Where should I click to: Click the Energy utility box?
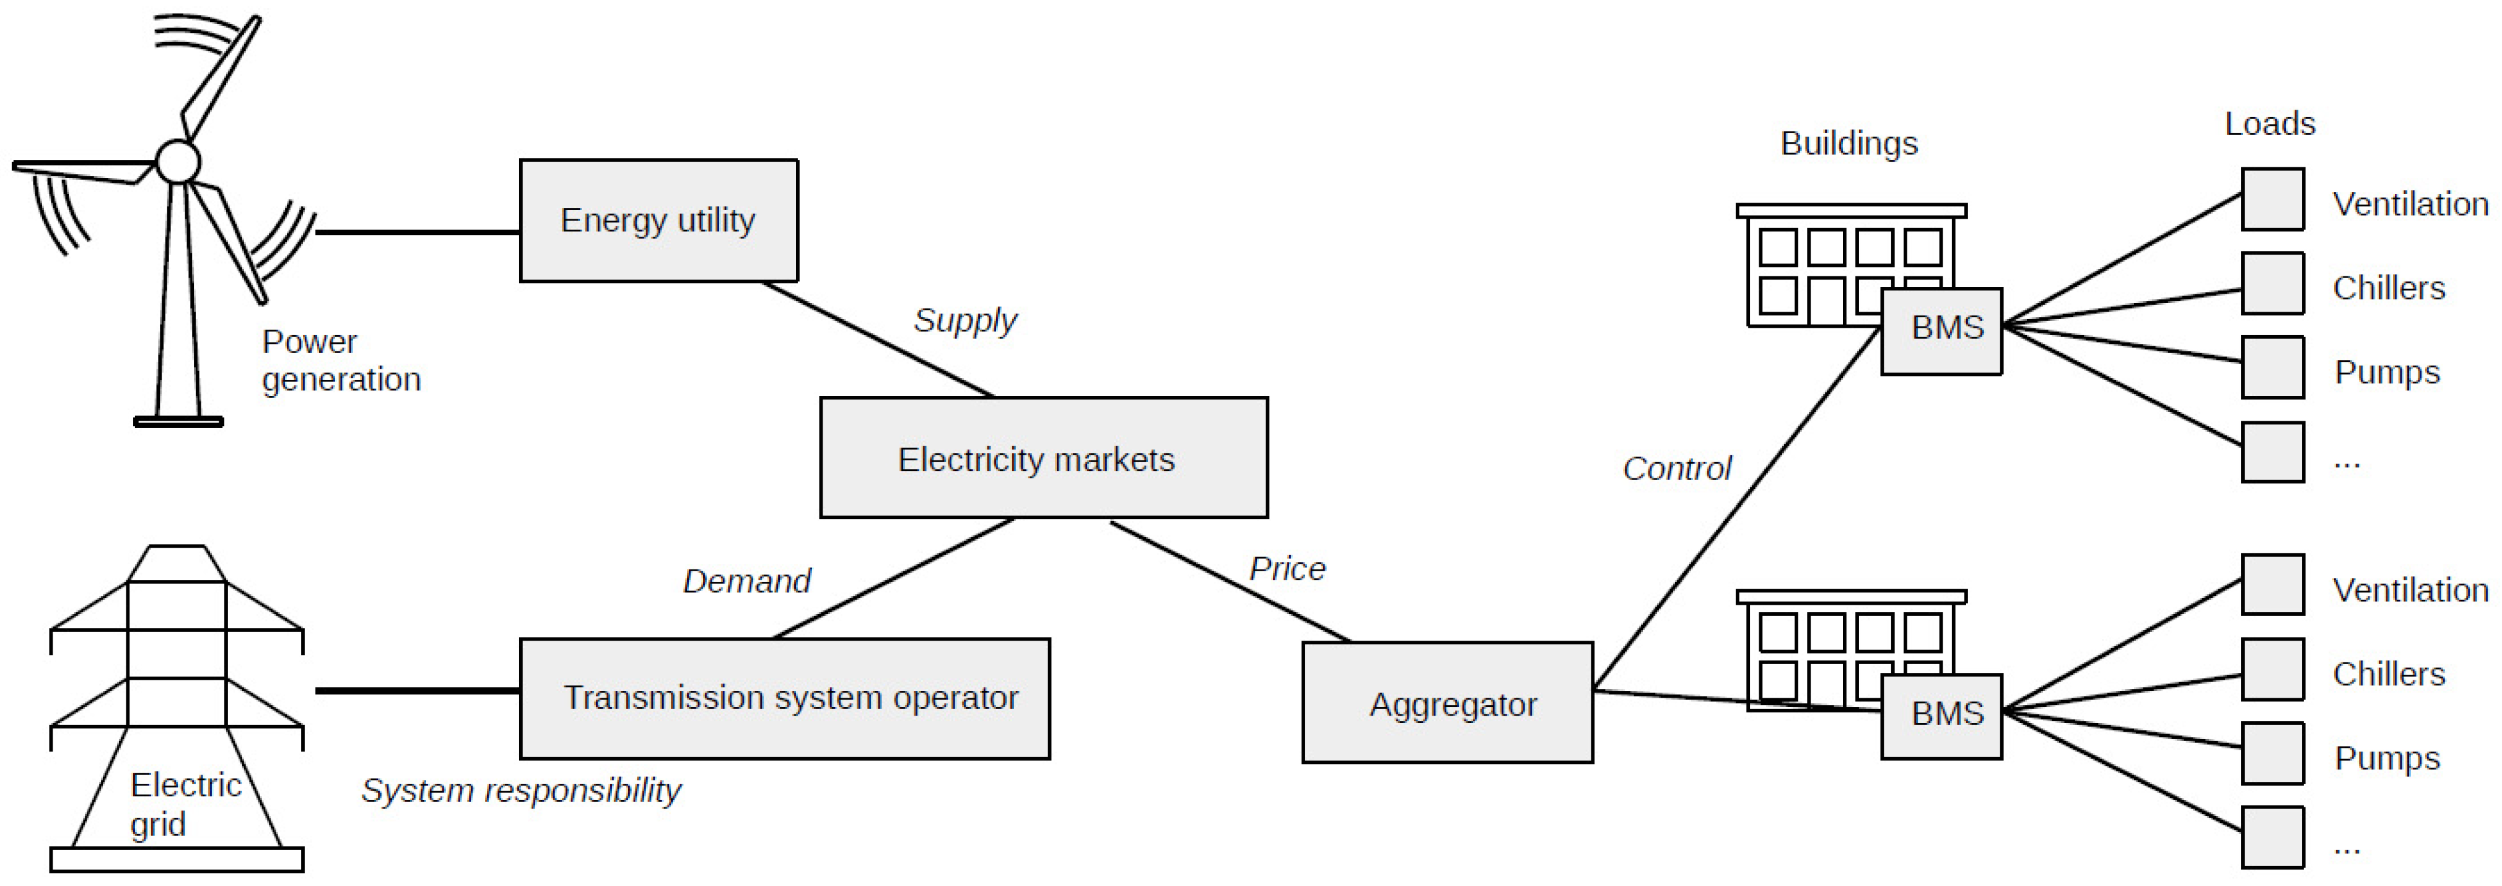click(x=658, y=221)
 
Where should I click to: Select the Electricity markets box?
click(x=1043, y=458)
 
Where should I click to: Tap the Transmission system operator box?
click(x=785, y=698)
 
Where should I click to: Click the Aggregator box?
click(x=1446, y=703)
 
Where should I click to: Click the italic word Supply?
click(x=964, y=320)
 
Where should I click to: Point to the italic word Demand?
click(x=746, y=581)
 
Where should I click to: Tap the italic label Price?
click(x=1287, y=568)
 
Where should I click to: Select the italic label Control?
click(x=1676, y=469)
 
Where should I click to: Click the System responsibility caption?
click(x=520, y=790)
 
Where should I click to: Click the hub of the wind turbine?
click(x=178, y=161)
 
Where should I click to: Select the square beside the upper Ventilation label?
click(x=2272, y=199)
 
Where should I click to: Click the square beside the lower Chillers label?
click(x=2272, y=669)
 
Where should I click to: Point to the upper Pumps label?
click(x=2386, y=372)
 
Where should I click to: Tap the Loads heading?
click(x=2270, y=123)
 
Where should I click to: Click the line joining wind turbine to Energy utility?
click(x=418, y=232)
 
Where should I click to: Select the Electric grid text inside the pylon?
click(x=185, y=804)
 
